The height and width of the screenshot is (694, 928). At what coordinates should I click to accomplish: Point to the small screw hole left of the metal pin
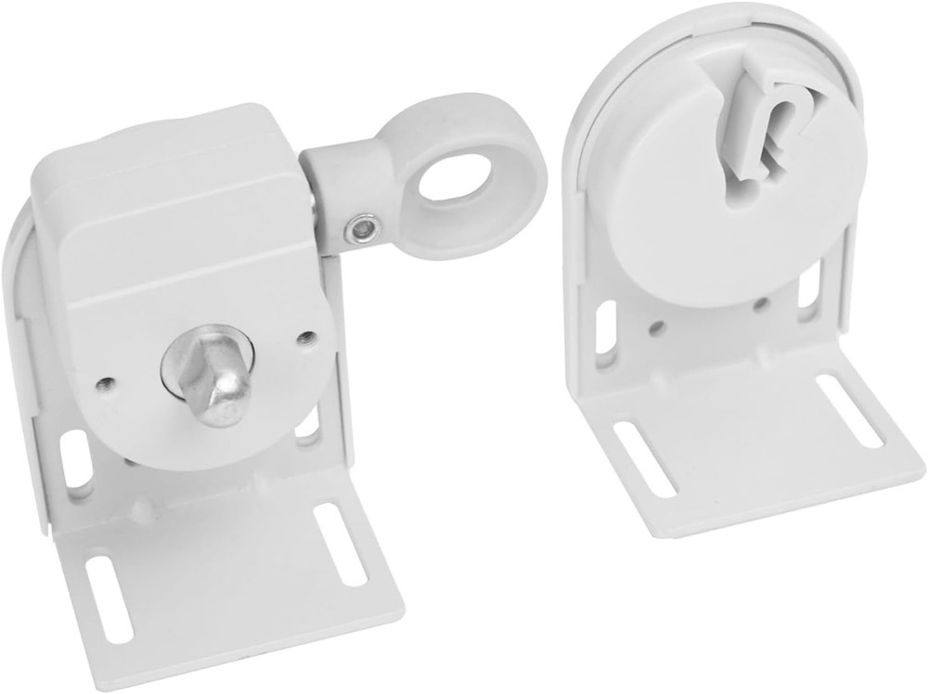pyautogui.click(x=106, y=382)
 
